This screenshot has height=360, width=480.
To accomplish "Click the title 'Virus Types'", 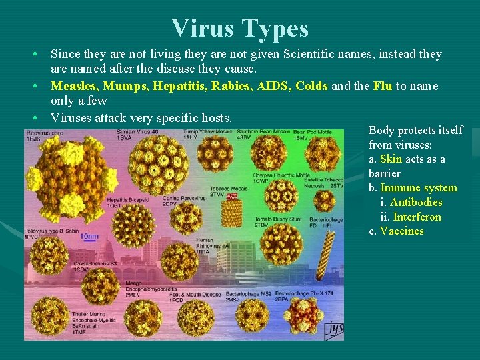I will [x=239, y=28].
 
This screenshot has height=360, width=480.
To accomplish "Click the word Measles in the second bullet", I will [x=74, y=86].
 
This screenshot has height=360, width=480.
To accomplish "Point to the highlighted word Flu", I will [x=382, y=86].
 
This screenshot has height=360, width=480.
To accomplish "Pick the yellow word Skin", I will [x=391, y=159].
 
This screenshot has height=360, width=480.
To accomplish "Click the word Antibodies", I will [x=416, y=202].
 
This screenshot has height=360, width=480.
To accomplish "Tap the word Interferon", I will [x=417, y=217].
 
